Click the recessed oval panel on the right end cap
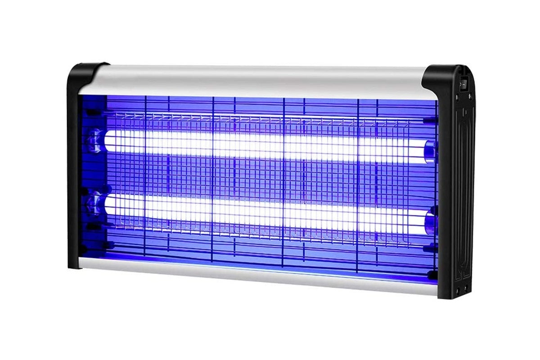pos(463,180)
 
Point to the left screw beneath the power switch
pos(457,96)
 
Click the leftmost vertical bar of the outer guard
pos(145,180)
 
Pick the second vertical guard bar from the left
pos(213,180)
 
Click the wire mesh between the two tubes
pos(252,178)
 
